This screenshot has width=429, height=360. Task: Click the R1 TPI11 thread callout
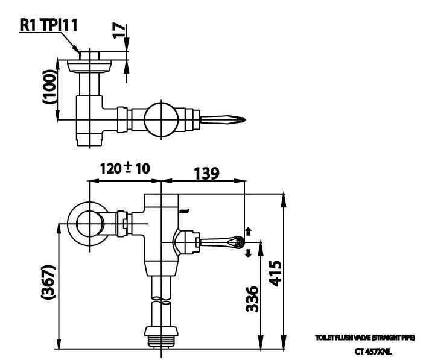click(x=48, y=25)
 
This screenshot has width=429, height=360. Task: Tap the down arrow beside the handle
click(x=248, y=254)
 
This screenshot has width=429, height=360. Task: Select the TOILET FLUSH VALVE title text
click(x=365, y=338)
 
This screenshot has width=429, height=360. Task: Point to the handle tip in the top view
click(x=240, y=121)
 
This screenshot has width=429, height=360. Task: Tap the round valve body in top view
click(x=161, y=118)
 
